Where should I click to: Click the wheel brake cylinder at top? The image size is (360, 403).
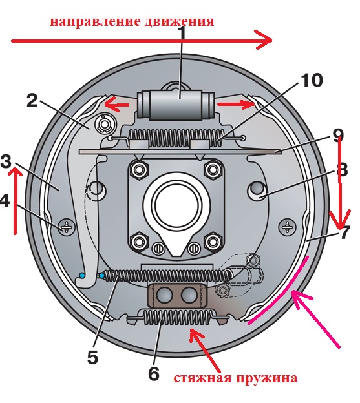click(176, 105)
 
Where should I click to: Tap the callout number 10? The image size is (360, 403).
click(312, 80)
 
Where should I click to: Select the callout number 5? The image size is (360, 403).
click(92, 357)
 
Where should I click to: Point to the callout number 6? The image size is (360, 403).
click(154, 373)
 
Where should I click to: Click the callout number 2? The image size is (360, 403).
click(32, 100)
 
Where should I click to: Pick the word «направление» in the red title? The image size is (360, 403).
click(96, 22)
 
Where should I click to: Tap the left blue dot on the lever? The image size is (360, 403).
click(82, 275)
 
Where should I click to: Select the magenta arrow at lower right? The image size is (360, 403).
click(315, 318)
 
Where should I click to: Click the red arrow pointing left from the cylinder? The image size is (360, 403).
click(116, 104)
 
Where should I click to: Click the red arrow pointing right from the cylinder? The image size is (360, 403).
click(236, 104)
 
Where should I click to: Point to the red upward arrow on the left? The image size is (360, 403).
click(15, 200)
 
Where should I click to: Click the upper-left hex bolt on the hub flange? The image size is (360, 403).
click(139, 169)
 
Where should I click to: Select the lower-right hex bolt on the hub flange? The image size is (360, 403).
click(213, 242)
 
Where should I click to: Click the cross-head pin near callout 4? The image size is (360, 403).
click(66, 227)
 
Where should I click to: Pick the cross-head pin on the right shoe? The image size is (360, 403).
click(288, 227)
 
